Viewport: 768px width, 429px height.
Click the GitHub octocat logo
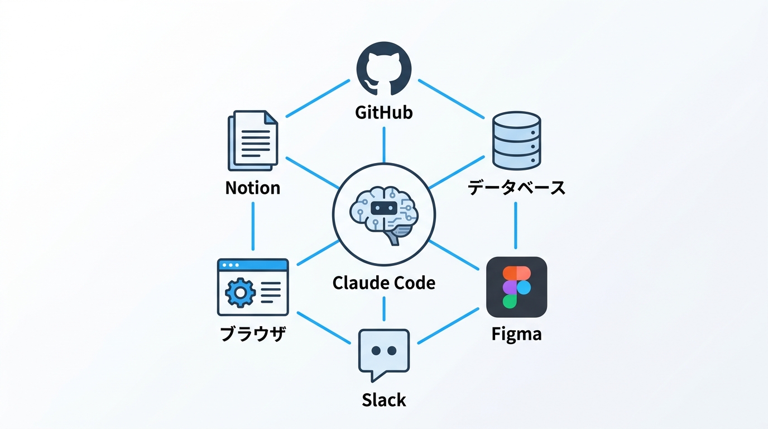(384, 70)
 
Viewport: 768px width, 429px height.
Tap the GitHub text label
(384, 112)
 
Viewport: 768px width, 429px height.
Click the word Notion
(252, 188)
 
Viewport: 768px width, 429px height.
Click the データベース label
(516, 188)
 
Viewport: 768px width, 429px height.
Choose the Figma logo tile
(516, 287)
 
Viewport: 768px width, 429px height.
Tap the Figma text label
(516, 334)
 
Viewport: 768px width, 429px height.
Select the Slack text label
(384, 400)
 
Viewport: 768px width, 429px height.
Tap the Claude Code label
(384, 283)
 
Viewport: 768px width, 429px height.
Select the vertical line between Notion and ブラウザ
(253, 226)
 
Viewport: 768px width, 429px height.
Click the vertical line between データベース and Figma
(516, 225)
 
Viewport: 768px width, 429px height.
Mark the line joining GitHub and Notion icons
(318, 98)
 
